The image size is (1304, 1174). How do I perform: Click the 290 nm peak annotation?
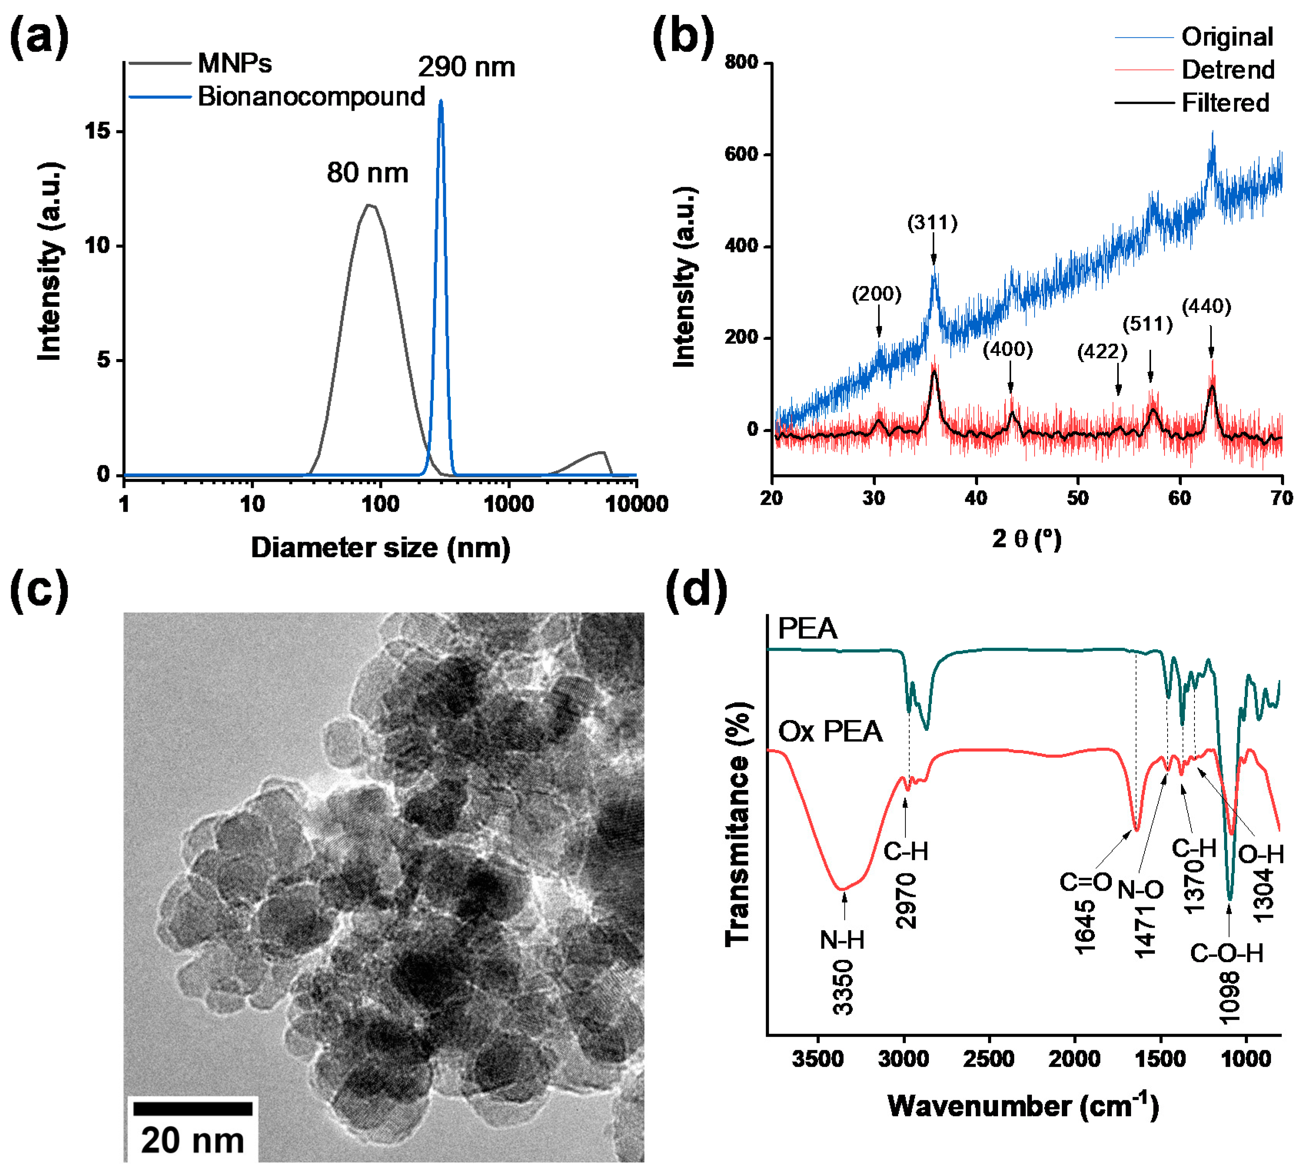pyautogui.click(x=466, y=67)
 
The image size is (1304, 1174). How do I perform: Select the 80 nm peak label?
pyautogui.click(x=367, y=173)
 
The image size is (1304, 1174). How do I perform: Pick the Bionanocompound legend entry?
pyautogui.click(x=311, y=96)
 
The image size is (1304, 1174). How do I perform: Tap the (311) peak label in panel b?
pyautogui.click(x=932, y=223)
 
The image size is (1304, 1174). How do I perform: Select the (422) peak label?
pyautogui.click(x=1102, y=352)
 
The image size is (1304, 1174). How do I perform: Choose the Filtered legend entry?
pyautogui.click(x=1225, y=103)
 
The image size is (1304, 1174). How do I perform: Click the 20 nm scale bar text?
pyautogui.click(x=192, y=1140)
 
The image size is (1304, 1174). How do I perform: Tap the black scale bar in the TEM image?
pyautogui.click(x=192, y=1108)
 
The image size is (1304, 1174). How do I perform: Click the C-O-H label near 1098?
pyautogui.click(x=1226, y=953)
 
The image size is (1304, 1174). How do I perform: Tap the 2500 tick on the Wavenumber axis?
pyautogui.click(x=988, y=1059)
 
